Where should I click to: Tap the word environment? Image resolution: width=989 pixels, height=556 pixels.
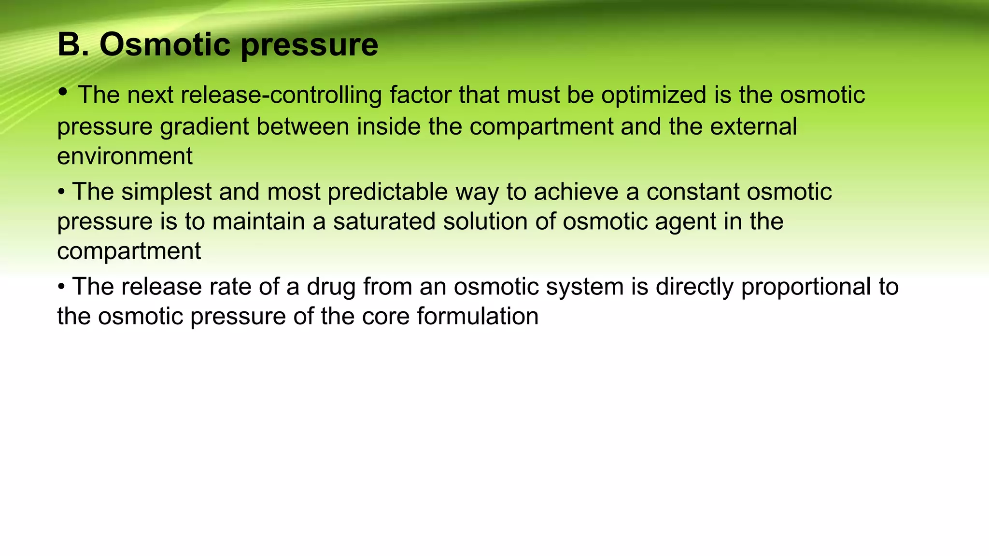pos(125,156)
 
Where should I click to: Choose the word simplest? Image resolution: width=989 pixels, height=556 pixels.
pos(166,192)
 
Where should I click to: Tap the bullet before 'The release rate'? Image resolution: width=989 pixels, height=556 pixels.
pos(61,288)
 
